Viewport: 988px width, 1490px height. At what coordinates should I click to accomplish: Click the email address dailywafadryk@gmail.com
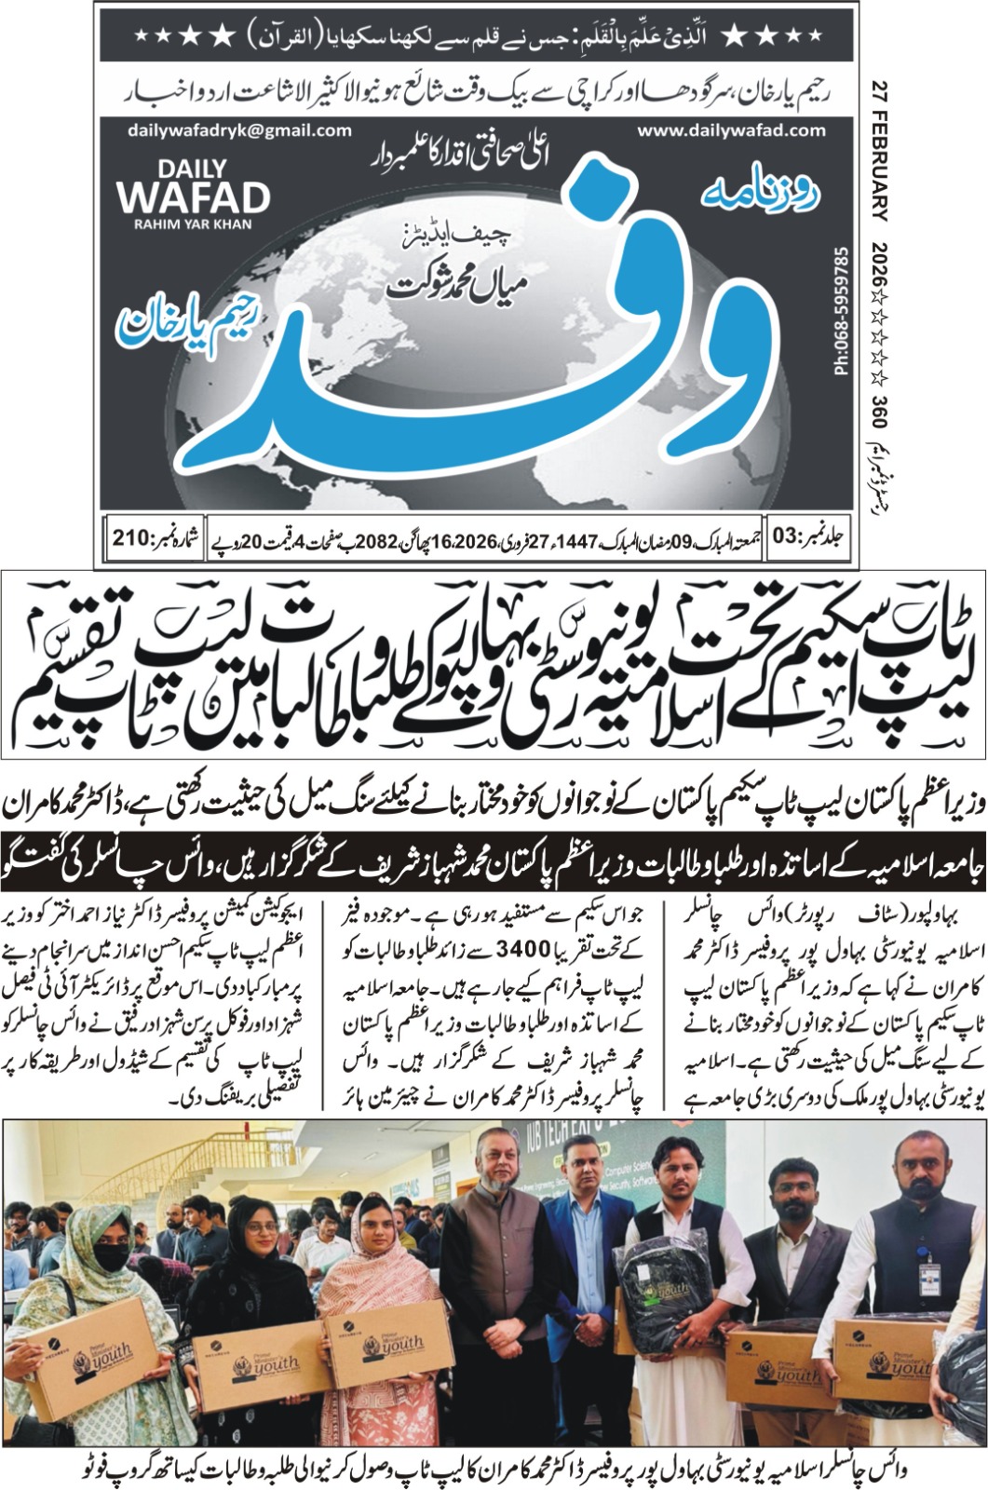[x=239, y=131]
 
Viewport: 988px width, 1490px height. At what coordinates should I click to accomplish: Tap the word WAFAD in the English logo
[x=193, y=196]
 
